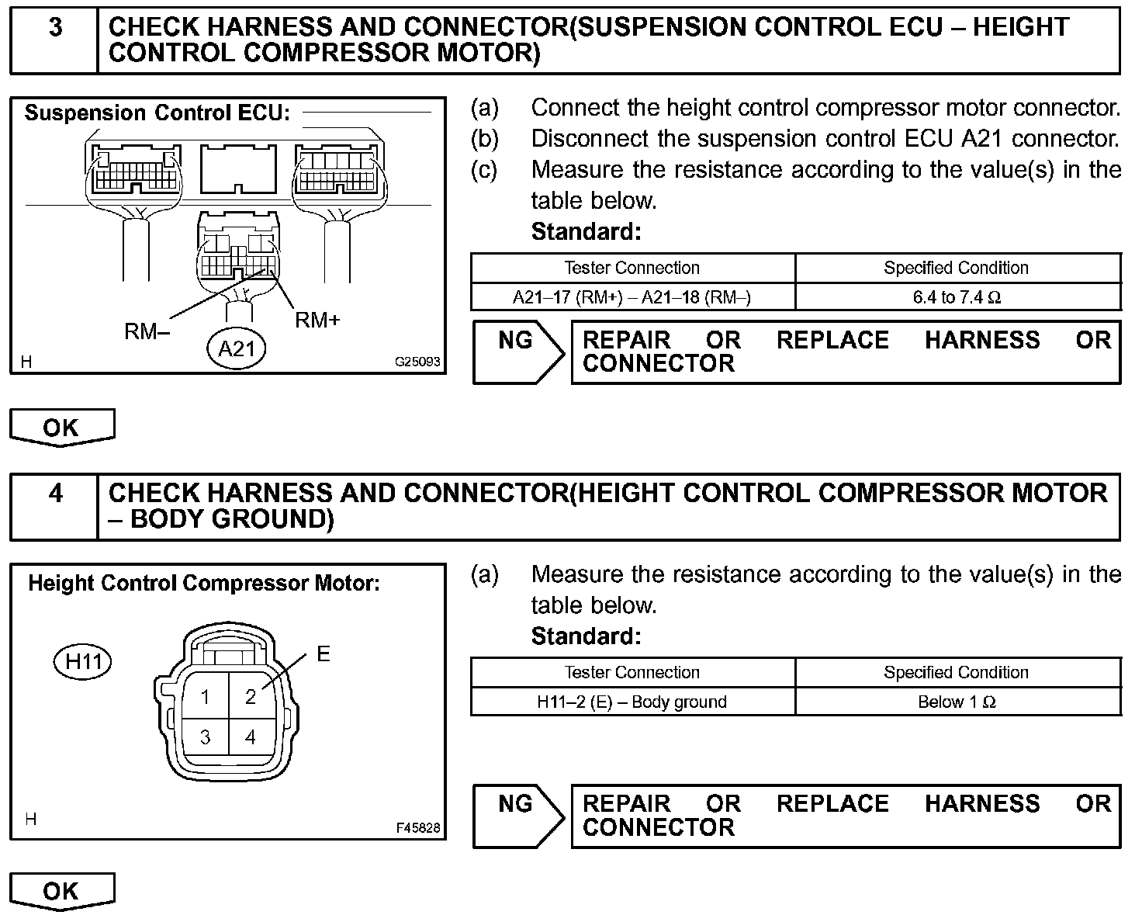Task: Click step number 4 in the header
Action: tap(56, 494)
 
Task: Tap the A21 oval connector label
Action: tap(237, 348)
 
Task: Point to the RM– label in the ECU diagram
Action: tap(147, 331)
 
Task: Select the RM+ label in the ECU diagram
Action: tap(317, 320)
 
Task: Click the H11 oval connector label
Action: tap(83, 662)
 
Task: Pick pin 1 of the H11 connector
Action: tap(205, 697)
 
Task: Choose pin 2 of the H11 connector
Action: tap(250, 697)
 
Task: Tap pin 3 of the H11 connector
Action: tap(205, 737)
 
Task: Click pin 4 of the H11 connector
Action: tap(250, 737)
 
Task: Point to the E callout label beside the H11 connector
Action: tap(324, 654)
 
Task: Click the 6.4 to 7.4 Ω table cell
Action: tap(957, 297)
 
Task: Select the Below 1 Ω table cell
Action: tap(957, 702)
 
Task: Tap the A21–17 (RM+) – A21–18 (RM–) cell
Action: tap(632, 297)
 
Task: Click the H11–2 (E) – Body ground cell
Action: tap(632, 702)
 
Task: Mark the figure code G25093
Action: tap(417, 362)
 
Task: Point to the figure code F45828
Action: tap(417, 828)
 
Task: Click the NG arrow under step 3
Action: tap(518, 352)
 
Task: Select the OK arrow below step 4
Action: tap(62, 891)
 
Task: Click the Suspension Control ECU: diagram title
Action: tap(157, 113)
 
